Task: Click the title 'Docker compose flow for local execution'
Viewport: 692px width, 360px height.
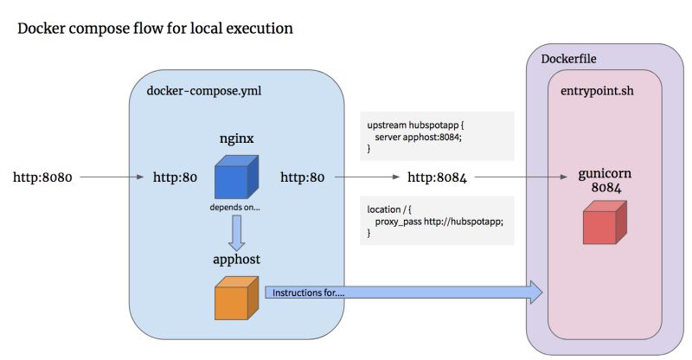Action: [155, 29]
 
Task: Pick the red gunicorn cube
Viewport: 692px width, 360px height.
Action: [605, 223]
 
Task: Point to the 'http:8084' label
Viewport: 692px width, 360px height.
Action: [437, 178]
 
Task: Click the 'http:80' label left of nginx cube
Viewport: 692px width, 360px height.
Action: [176, 178]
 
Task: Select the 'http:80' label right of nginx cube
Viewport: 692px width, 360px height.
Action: [302, 178]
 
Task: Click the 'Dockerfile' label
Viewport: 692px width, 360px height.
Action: [568, 60]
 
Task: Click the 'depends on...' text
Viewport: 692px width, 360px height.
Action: [235, 208]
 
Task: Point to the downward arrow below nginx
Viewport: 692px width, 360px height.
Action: [236, 232]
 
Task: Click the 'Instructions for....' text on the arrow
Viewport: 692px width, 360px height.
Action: [309, 292]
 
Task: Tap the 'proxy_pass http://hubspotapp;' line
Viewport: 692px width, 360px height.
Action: [439, 222]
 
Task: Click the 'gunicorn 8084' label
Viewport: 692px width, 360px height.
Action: [605, 180]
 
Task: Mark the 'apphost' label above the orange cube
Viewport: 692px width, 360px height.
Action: [236, 259]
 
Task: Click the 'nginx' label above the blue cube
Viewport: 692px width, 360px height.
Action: [235, 138]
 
